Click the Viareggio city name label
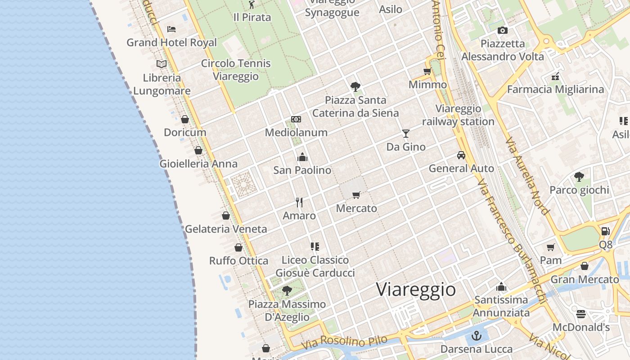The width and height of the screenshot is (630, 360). (416, 289)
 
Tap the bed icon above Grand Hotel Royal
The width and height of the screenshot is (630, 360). (171, 29)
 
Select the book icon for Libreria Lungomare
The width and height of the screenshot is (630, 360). (162, 64)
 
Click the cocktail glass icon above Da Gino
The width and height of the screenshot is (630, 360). (406, 134)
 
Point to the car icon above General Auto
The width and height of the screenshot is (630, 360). (461, 155)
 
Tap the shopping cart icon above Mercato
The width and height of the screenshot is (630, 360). (356, 195)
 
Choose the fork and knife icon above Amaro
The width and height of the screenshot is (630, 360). (299, 202)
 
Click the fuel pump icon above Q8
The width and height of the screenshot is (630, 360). (606, 231)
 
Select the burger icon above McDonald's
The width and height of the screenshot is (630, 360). (581, 314)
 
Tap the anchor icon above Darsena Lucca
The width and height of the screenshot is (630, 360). (476, 336)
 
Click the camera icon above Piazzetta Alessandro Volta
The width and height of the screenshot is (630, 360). (503, 30)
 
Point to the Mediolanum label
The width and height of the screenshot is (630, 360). (296, 132)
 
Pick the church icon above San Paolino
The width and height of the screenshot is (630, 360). (302, 157)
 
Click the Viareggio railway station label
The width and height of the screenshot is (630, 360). (458, 115)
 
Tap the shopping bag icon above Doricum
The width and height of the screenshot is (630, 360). (184, 119)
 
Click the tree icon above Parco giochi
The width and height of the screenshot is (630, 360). (579, 177)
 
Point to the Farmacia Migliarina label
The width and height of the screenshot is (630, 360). (555, 89)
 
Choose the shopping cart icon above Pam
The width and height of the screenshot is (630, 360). (551, 247)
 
